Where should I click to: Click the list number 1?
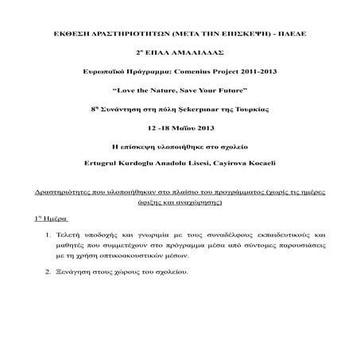coord(49,236)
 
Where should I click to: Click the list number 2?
coord(49,273)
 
